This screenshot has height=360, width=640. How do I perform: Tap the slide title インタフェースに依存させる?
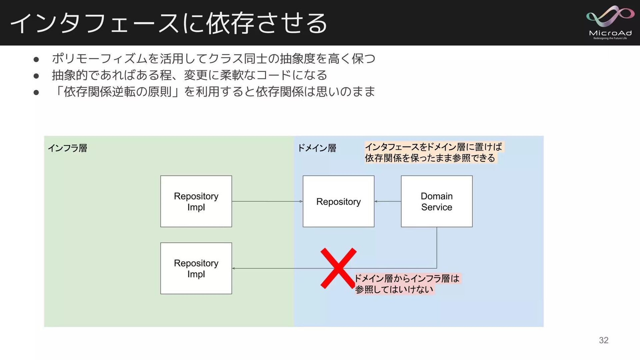tap(169, 23)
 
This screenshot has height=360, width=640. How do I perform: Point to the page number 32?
tap(603, 340)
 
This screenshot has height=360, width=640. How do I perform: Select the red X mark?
tap(338, 268)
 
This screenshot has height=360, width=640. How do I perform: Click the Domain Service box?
tap(437, 201)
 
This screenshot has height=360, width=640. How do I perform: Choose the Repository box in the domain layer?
tap(338, 201)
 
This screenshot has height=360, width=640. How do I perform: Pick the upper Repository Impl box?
tap(196, 201)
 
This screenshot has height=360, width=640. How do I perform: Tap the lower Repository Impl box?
tap(196, 268)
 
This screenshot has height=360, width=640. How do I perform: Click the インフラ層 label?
tap(68, 148)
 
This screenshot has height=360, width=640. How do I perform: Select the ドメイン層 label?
tap(317, 148)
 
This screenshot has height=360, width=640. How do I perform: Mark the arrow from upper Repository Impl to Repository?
tap(267, 201)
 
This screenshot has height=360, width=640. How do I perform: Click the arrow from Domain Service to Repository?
tap(387, 201)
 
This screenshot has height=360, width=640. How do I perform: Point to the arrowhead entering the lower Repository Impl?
tap(234, 268)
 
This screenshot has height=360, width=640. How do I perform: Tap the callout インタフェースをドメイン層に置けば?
tap(433, 147)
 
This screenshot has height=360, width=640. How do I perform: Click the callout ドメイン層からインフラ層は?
tap(407, 278)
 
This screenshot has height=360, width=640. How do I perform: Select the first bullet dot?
tap(36, 60)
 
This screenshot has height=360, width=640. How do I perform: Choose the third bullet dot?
tap(36, 92)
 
